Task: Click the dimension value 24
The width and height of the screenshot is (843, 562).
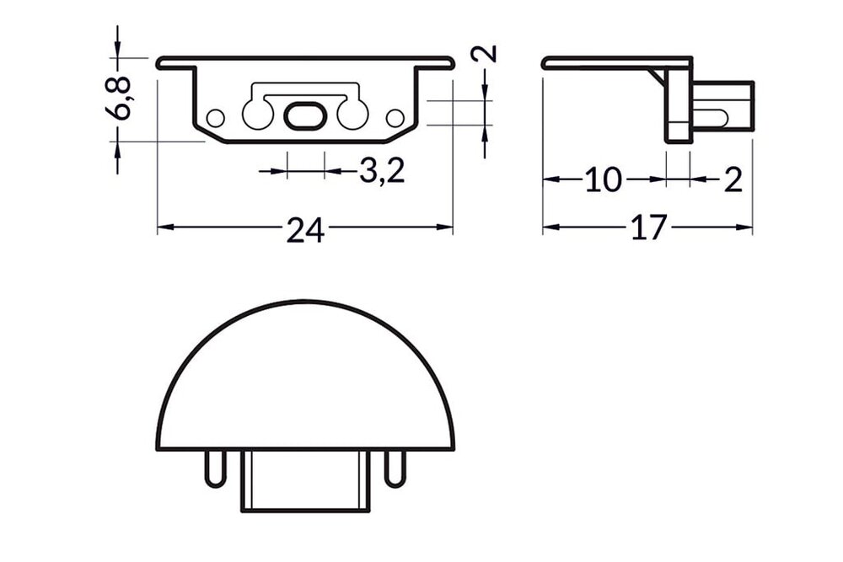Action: (x=304, y=230)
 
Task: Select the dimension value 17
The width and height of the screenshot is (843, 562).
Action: (x=649, y=228)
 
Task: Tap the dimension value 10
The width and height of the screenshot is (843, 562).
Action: (x=604, y=180)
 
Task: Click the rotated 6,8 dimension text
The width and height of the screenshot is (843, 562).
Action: (x=122, y=98)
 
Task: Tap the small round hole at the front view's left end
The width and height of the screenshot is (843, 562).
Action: (x=217, y=117)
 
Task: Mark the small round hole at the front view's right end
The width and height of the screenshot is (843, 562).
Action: (x=394, y=117)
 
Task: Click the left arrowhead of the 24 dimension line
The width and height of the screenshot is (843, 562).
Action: (x=164, y=227)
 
